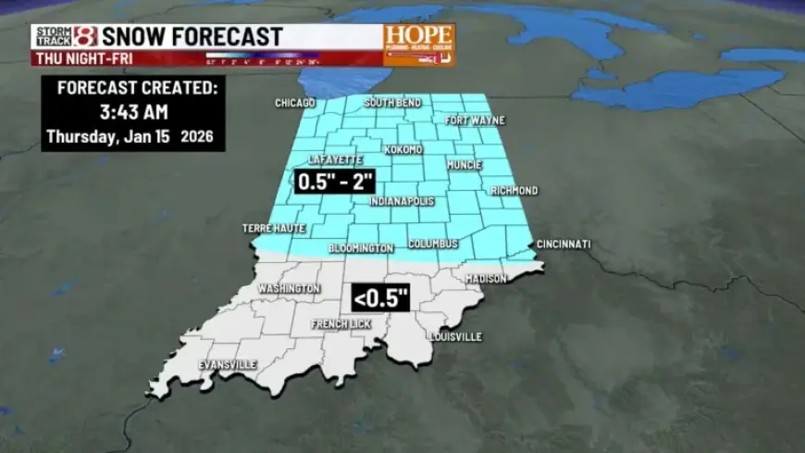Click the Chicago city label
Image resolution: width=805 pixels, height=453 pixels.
click(x=295, y=103)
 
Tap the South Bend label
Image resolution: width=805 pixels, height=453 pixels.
click(x=392, y=102)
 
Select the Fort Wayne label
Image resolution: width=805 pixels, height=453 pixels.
click(x=469, y=120)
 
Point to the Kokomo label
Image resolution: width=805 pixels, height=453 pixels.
click(x=402, y=149)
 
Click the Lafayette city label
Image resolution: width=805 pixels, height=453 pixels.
click(x=335, y=160)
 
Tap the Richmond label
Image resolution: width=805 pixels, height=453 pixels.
click(x=514, y=191)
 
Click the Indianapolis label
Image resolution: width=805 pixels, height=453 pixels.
click(x=402, y=201)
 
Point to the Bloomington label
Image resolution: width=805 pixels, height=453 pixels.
click(x=362, y=248)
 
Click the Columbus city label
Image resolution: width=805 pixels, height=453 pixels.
click(x=433, y=244)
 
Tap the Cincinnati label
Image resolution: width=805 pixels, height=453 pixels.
click(x=563, y=245)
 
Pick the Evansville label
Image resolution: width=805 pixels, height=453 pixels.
click(x=228, y=365)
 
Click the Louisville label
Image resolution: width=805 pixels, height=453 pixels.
click(x=455, y=337)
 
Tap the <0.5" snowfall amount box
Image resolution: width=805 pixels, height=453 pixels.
click(x=380, y=299)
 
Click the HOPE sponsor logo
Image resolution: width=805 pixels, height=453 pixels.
click(x=419, y=43)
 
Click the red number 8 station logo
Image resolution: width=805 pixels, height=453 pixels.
click(x=85, y=37)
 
